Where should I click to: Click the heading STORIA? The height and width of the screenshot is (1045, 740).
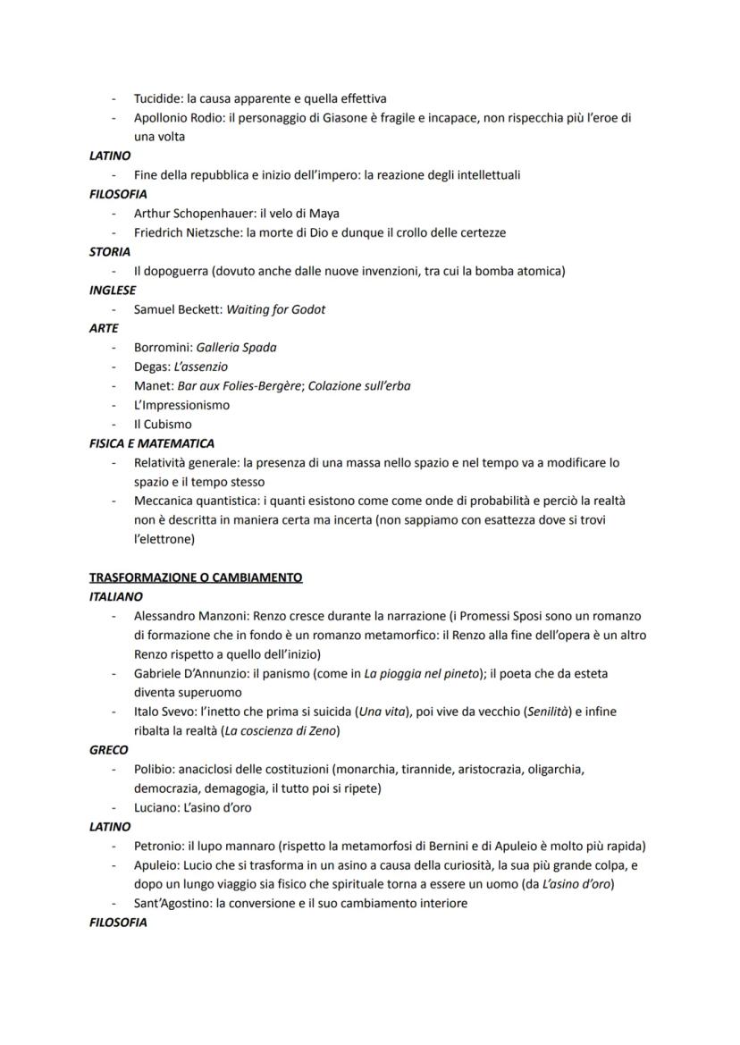[x=110, y=252]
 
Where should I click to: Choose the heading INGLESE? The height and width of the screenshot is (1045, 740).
[x=113, y=291]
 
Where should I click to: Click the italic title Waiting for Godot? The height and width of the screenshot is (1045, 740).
[x=276, y=309]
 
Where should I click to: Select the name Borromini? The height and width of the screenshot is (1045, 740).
[x=161, y=348]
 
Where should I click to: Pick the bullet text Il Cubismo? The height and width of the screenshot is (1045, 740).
[x=163, y=425]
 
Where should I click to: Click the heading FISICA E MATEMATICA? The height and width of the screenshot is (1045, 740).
[x=152, y=443]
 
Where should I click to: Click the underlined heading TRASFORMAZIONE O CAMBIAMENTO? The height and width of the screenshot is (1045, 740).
[x=196, y=577]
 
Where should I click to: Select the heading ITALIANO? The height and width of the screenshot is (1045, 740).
[x=116, y=596]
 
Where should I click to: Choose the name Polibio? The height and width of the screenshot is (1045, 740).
[x=153, y=769]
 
